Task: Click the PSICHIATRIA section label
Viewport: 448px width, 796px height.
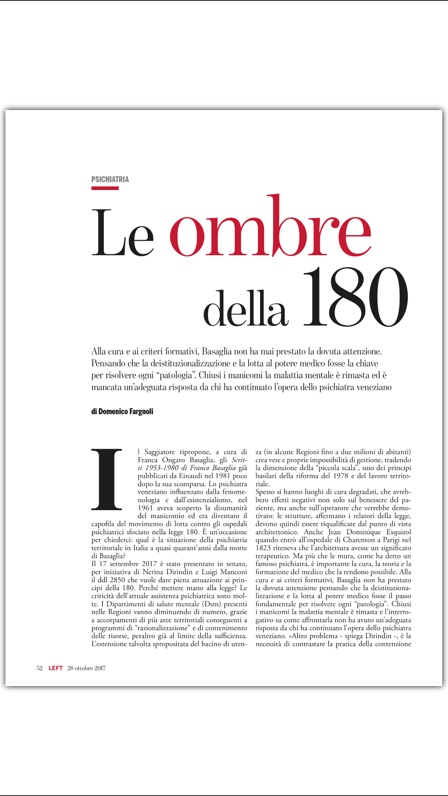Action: pos(110,179)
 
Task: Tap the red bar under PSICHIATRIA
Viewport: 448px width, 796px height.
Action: pos(105,188)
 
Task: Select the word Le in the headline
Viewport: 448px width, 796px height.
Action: pos(123,233)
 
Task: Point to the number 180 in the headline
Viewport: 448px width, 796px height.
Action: pos(355,297)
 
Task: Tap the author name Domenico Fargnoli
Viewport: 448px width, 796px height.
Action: pos(126,411)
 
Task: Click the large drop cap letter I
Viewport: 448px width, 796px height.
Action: pos(107,479)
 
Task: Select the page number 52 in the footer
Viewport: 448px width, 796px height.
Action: pos(40,668)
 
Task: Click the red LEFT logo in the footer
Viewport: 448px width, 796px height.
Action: pos(56,668)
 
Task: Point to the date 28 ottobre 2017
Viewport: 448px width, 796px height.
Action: pos(87,668)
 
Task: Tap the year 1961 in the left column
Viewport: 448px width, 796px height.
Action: pos(145,508)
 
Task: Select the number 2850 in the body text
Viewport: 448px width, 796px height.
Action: pos(117,580)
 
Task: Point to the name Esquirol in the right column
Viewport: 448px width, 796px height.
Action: pos(399,532)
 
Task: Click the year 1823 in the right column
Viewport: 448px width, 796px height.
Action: pos(263,548)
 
